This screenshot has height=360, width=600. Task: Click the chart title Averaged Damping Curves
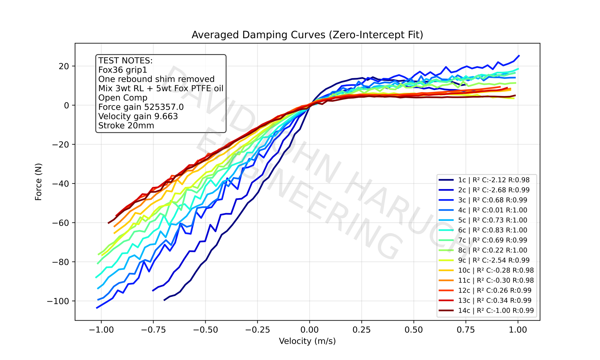tap(307, 35)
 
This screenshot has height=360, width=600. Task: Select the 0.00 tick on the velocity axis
tap(309, 330)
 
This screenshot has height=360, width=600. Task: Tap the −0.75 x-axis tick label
tap(153, 330)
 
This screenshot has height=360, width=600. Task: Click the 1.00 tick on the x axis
tap(518, 330)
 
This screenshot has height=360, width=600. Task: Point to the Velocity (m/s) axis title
tap(307, 341)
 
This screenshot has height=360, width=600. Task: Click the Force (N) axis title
tap(38, 182)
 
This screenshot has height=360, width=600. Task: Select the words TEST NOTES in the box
tap(125, 61)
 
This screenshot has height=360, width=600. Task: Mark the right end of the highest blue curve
tap(519, 56)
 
